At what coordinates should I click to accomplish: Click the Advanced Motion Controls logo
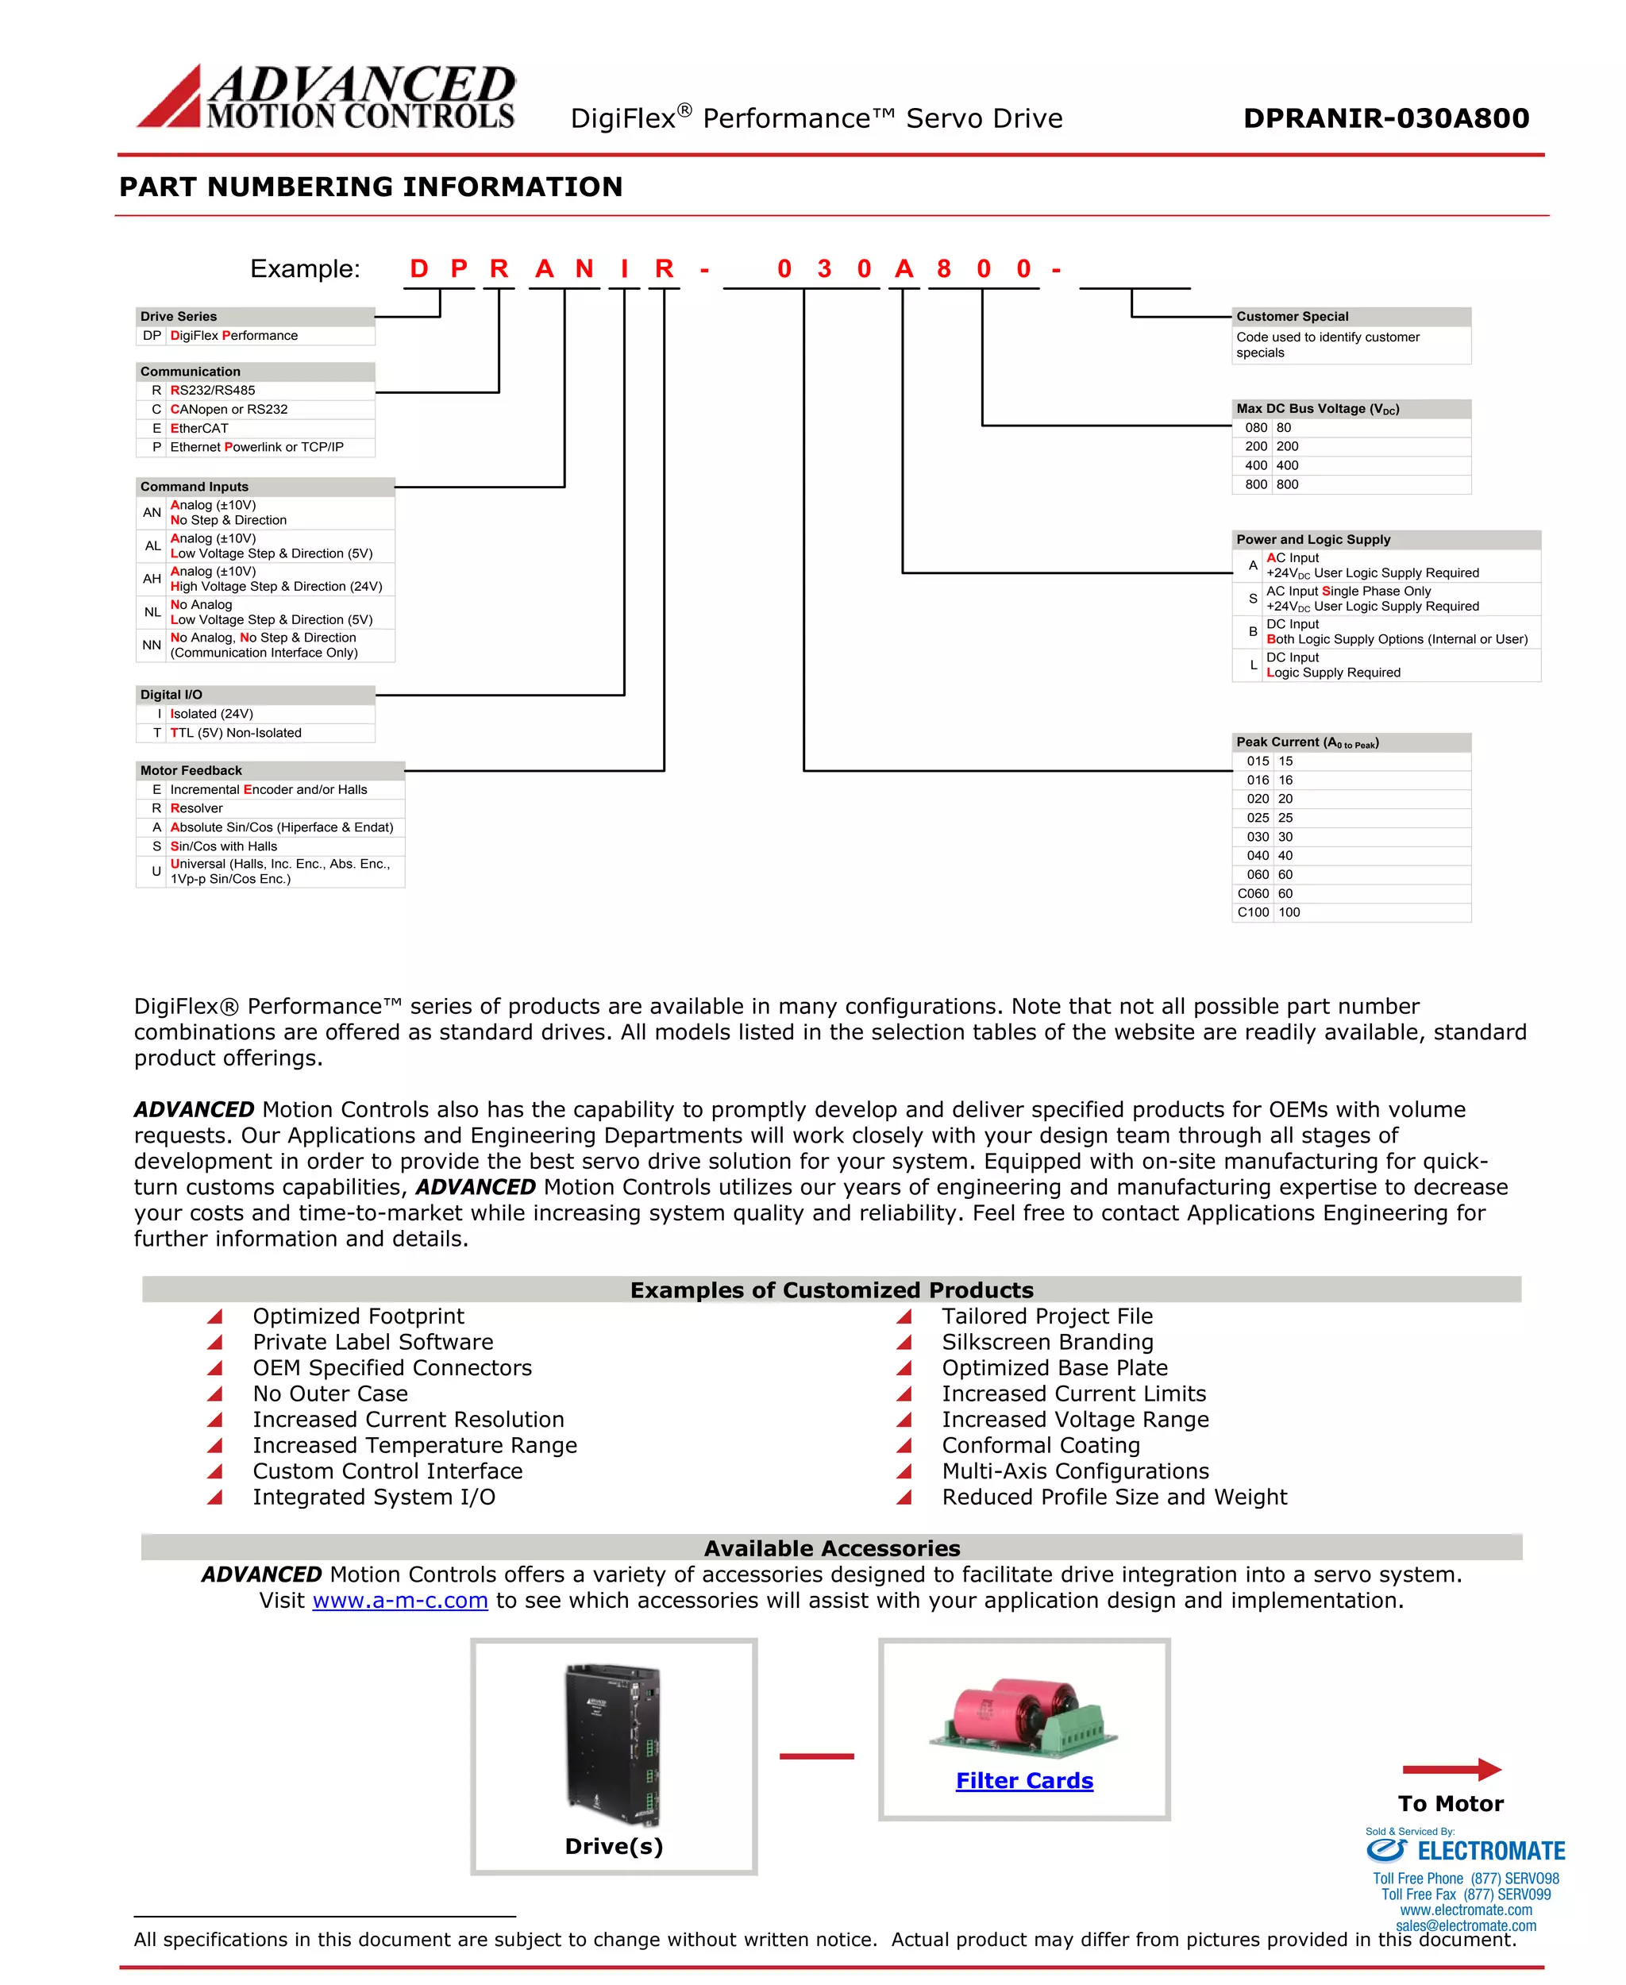point(326,97)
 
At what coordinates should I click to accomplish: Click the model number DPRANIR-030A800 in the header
point(1385,118)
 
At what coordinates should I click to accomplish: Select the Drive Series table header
point(179,317)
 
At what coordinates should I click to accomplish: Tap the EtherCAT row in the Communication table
point(199,428)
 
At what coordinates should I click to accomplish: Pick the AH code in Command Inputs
point(152,579)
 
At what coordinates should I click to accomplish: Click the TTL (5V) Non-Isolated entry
point(236,733)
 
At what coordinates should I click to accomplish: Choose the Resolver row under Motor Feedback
point(197,807)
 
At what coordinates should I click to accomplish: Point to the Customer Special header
point(1292,317)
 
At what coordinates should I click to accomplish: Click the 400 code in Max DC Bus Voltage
point(1256,465)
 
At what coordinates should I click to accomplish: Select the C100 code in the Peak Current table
point(1253,912)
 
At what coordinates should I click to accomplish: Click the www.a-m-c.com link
point(400,1600)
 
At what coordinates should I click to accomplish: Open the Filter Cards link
point(1023,1780)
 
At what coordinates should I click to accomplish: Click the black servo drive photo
point(614,1744)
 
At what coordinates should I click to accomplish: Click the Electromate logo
point(1465,1850)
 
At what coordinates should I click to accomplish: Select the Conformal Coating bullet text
point(1041,1445)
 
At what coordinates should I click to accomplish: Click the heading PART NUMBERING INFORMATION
point(371,187)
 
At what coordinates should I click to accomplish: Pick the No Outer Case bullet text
point(329,1394)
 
